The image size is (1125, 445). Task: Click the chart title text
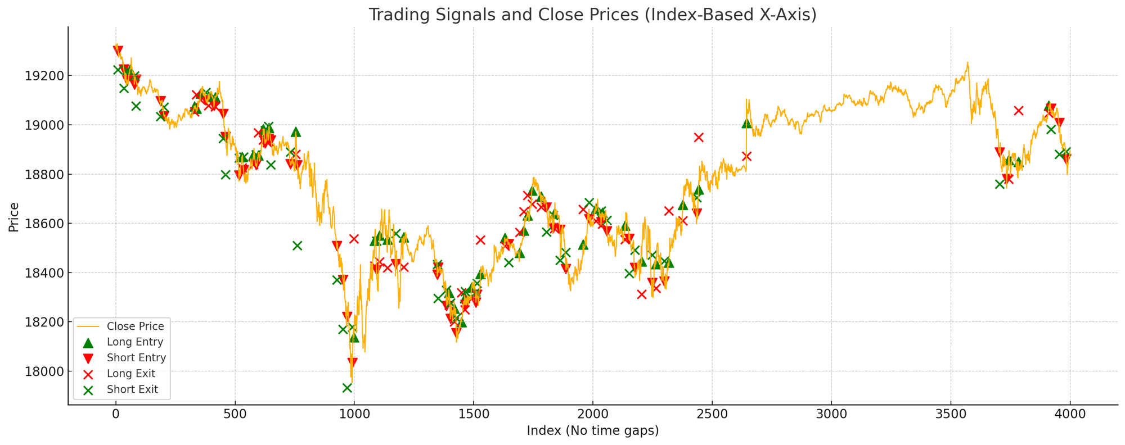coord(592,15)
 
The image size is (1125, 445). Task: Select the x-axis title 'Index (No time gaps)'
coord(592,431)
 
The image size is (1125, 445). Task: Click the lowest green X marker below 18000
coord(347,388)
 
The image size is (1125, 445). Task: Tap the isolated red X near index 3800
coord(1019,110)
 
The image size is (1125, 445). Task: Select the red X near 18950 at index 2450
coord(699,137)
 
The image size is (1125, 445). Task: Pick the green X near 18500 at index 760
coord(297,246)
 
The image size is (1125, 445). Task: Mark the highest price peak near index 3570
coord(967,62)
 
